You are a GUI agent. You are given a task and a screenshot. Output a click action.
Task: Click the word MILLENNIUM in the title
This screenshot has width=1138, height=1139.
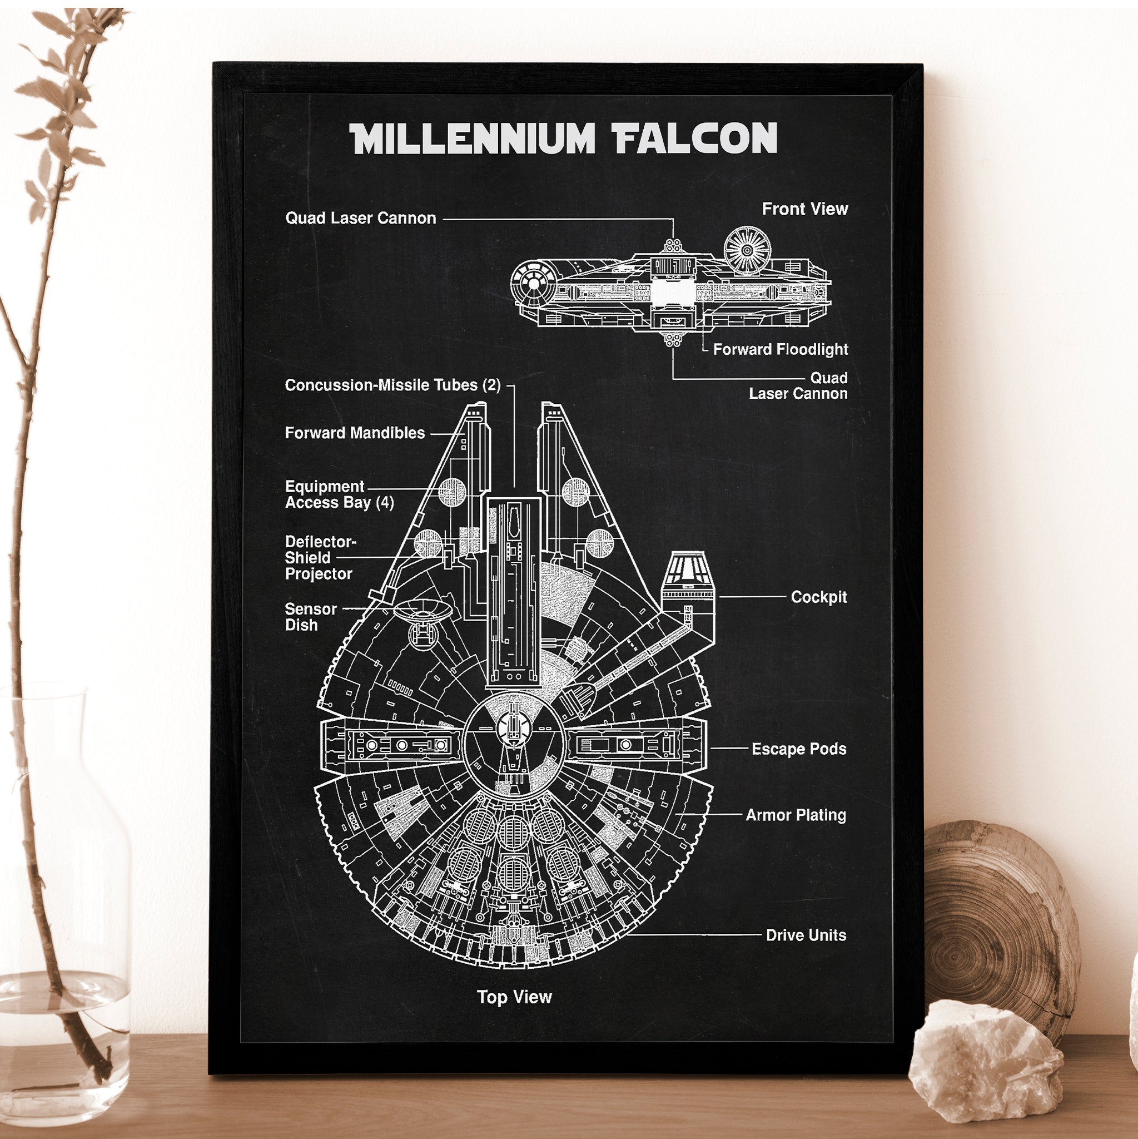pos(472,138)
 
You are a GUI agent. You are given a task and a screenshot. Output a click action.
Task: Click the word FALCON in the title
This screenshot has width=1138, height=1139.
pos(695,138)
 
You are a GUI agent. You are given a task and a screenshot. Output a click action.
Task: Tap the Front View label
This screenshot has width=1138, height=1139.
pos(804,209)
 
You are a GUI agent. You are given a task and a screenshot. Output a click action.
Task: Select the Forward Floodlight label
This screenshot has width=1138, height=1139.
pos(781,349)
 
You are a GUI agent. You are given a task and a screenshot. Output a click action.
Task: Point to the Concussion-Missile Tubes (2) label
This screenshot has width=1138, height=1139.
pos(392,385)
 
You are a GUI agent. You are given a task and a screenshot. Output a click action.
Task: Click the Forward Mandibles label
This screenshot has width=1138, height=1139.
pos(355,433)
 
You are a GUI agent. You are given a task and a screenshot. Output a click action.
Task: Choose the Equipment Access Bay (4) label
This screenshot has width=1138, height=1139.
pos(339,494)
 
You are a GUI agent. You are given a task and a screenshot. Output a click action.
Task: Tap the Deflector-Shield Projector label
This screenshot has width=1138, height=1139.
pos(320,558)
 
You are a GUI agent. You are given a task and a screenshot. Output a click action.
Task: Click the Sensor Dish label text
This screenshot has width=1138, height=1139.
pos(311,617)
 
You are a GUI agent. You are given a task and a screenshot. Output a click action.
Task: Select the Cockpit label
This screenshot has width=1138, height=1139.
pos(818,597)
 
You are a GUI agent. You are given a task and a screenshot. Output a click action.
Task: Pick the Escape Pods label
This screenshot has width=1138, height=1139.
pos(798,749)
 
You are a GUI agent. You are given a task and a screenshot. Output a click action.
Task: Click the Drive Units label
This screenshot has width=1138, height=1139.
pos(806,935)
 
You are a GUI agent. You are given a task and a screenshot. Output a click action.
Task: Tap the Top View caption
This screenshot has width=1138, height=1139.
pos(514,997)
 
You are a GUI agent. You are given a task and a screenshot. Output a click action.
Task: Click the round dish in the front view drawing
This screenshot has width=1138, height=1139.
pos(747,250)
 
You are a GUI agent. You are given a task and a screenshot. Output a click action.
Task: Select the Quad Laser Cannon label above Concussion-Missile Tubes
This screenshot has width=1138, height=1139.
pos(361,218)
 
